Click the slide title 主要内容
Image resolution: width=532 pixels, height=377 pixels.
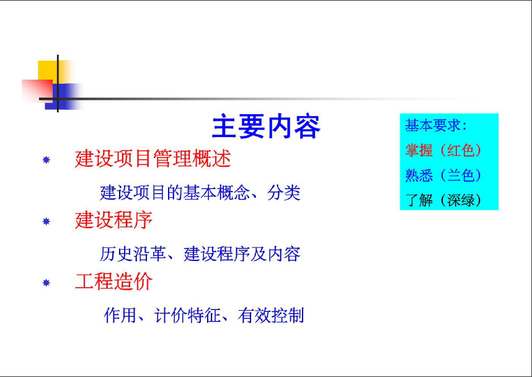pyautogui.click(x=267, y=127)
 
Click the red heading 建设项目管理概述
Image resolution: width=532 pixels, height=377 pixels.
pyautogui.click(x=153, y=158)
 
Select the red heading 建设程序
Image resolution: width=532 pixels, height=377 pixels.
pyautogui.click(x=113, y=220)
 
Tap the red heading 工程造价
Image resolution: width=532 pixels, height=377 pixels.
pyautogui.click(x=113, y=282)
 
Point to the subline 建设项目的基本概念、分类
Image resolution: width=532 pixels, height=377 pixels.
pyautogui.click(x=200, y=193)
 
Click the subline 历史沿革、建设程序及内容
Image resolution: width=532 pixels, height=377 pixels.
pyautogui.click(x=200, y=254)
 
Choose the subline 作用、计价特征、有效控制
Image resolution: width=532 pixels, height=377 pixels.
pyautogui.click(x=203, y=315)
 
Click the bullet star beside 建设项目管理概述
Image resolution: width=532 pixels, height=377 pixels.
pyautogui.click(x=46, y=159)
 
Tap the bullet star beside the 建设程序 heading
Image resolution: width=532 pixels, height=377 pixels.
pyautogui.click(x=46, y=221)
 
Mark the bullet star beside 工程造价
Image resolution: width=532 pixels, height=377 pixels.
pyautogui.click(x=46, y=283)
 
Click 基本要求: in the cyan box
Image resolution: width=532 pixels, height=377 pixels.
pyautogui.click(x=437, y=125)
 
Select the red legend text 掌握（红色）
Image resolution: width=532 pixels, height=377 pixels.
pyautogui.click(x=443, y=150)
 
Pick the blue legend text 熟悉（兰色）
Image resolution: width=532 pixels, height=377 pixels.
pyautogui.click(x=443, y=175)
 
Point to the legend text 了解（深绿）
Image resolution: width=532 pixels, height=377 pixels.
pyautogui.click(x=443, y=200)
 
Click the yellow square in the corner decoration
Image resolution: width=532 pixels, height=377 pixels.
pyautogui.click(x=48, y=71)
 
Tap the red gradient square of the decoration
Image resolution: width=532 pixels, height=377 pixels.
pyautogui.click(x=37, y=91)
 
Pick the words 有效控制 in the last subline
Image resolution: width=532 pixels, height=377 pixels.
pyautogui.click(x=271, y=315)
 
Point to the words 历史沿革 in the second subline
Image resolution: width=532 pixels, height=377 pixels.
pyautogui.click(x=133, y=254)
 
